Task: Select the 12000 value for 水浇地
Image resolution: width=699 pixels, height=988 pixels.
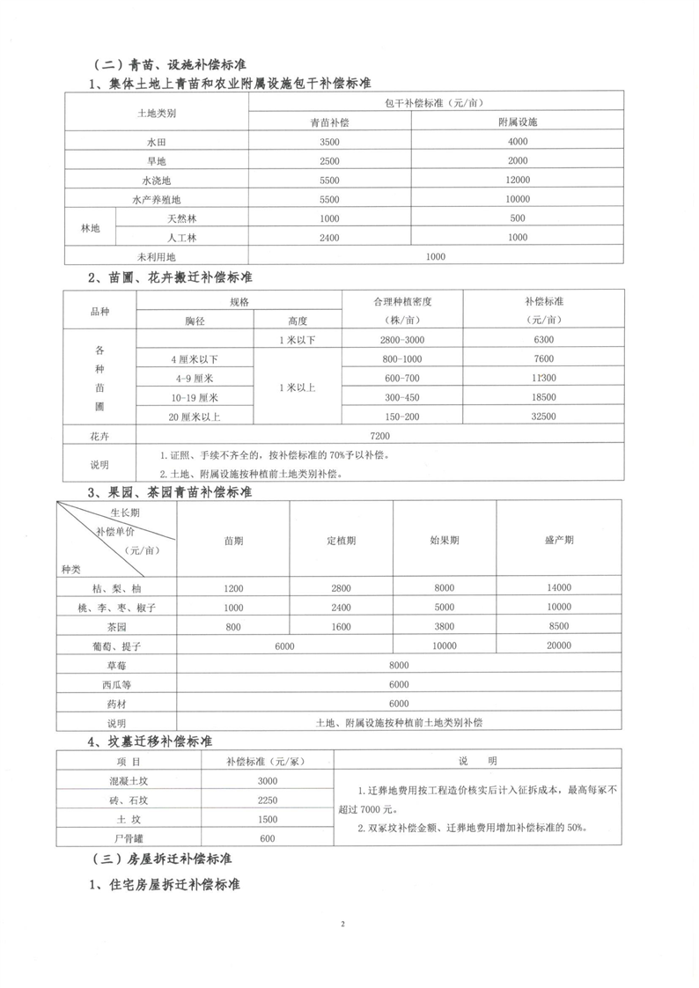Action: point(518,180)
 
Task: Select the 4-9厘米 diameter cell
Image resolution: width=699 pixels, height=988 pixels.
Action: point(194,378)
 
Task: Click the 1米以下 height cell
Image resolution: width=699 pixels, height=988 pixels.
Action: point(297,339)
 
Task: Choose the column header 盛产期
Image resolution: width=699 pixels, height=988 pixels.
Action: point(558,540)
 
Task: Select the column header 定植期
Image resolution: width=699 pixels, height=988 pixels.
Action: point(342,540)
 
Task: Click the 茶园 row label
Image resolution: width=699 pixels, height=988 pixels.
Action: point(116,627)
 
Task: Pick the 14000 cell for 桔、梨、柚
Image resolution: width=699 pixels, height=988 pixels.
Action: point(558,588)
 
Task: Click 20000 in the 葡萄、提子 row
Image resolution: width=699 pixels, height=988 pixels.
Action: point(558,645)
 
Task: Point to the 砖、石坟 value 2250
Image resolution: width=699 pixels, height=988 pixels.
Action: point(268,800)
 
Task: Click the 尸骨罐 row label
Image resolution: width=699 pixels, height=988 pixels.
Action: point(116,838)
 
